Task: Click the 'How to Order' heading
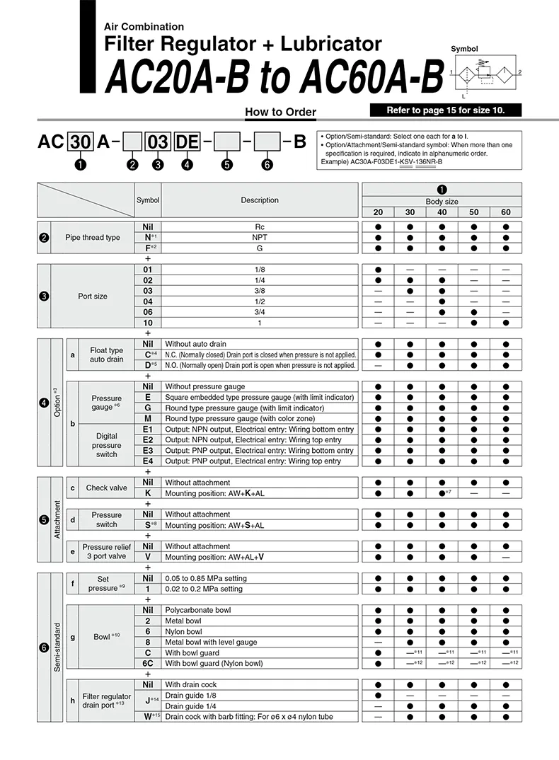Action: point(280,112)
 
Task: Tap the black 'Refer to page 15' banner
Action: point(446,110)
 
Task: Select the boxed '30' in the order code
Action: point(81,142)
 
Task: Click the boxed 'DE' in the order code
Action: point(187,142)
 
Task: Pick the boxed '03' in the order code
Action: point(157,142)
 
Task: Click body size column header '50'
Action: point(473,212)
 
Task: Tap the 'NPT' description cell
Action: point(260,237)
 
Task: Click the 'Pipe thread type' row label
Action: point(93,237)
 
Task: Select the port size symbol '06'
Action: point(148,312)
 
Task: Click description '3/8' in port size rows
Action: point(260,291)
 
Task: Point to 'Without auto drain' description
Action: point(195,344)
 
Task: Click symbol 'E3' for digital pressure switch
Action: point(148,451)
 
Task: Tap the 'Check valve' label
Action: point(107,488)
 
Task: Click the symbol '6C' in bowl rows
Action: point(148,663)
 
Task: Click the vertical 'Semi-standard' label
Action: point(57,647)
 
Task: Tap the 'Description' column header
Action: point(260,200)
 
